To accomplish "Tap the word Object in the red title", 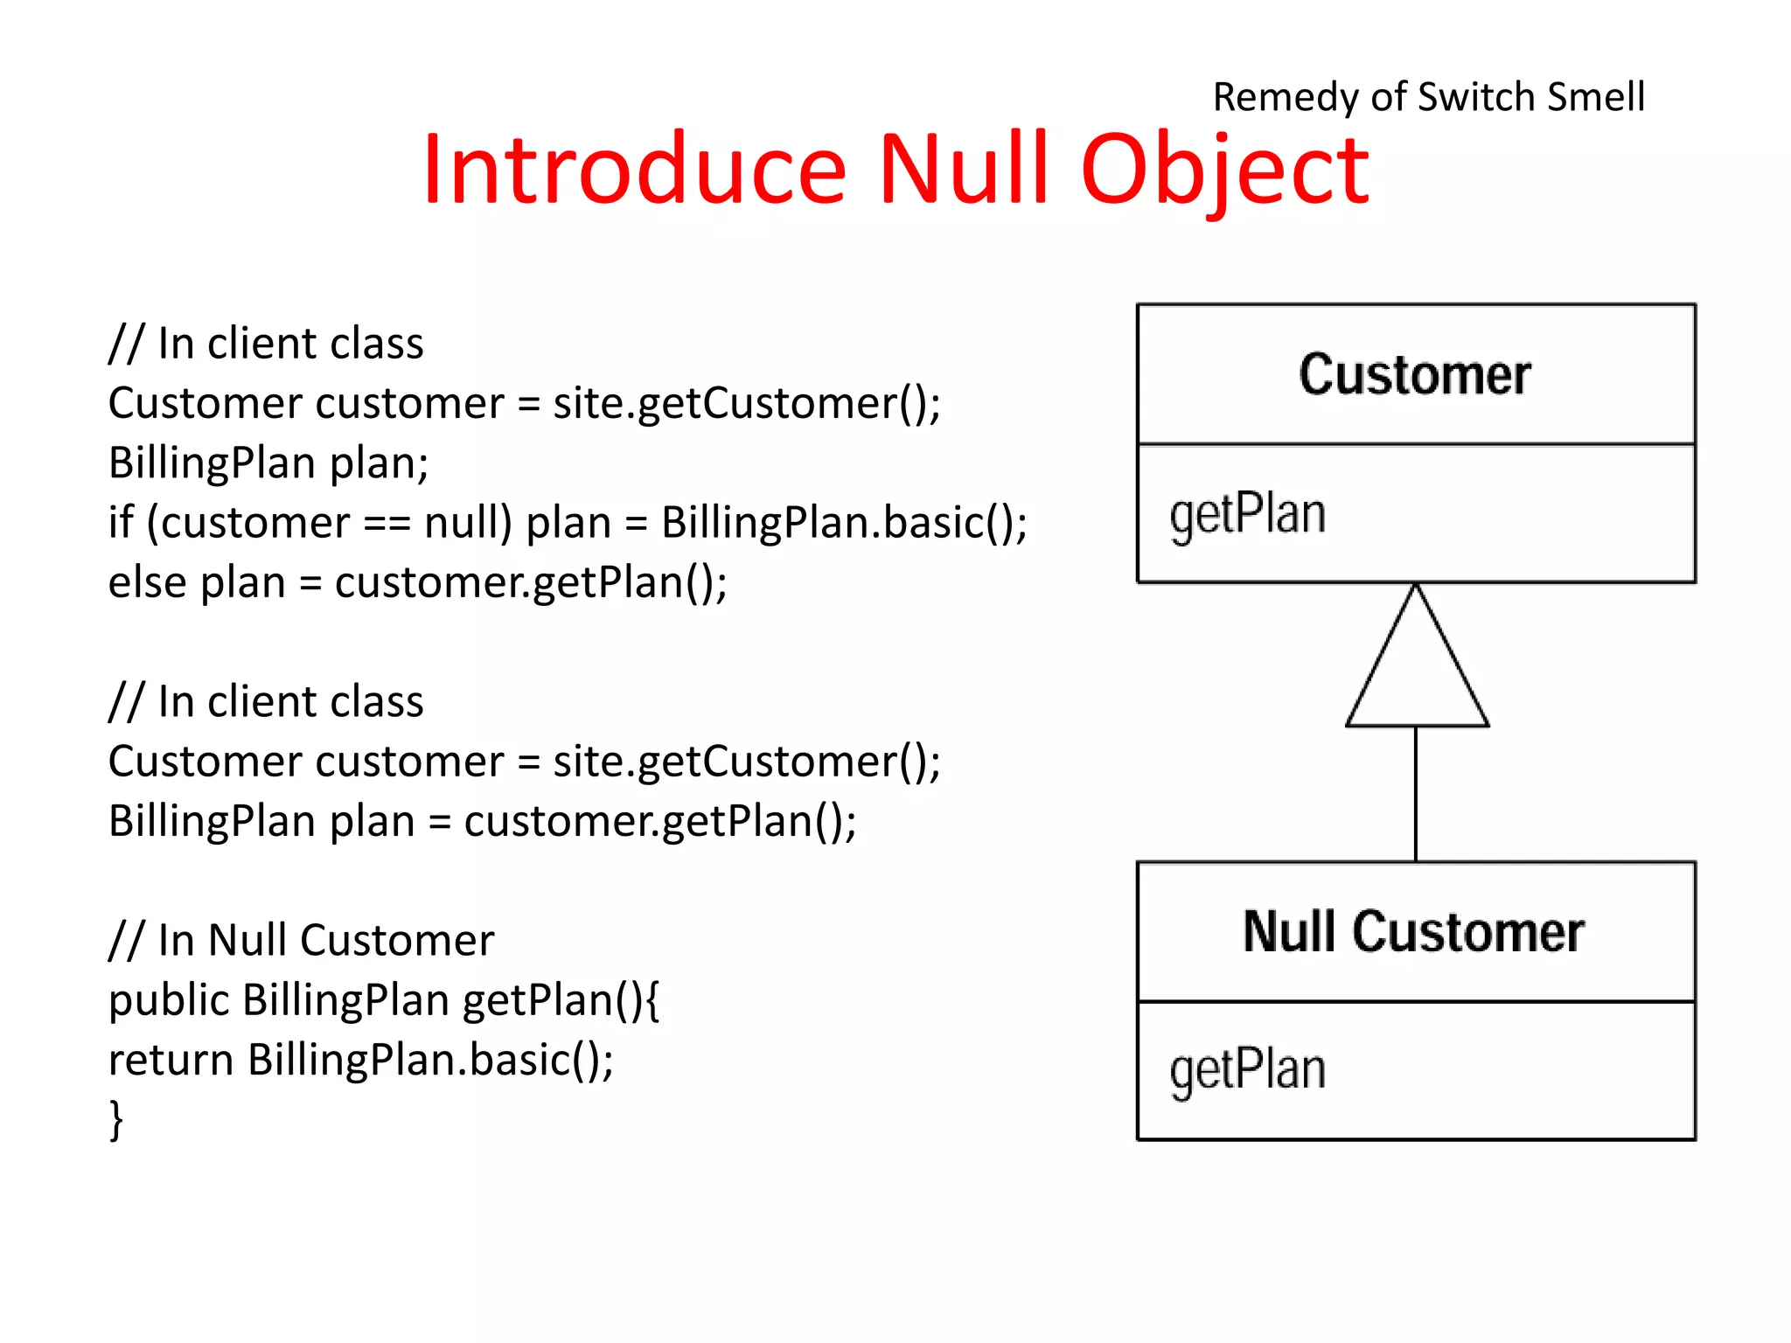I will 1224,170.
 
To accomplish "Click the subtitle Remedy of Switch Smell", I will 1428,96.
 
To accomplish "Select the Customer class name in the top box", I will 1414,375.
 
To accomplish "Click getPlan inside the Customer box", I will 1248,514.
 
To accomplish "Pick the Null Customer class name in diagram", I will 1414,932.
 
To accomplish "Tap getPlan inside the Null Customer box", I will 1248,1070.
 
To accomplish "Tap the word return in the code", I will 171,1061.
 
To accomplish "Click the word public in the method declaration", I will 168,1001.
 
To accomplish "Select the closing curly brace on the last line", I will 115,1120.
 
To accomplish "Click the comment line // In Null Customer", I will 301,941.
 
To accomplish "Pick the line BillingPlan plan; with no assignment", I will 268,463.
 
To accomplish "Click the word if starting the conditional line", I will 121,523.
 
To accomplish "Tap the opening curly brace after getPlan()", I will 652,1001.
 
